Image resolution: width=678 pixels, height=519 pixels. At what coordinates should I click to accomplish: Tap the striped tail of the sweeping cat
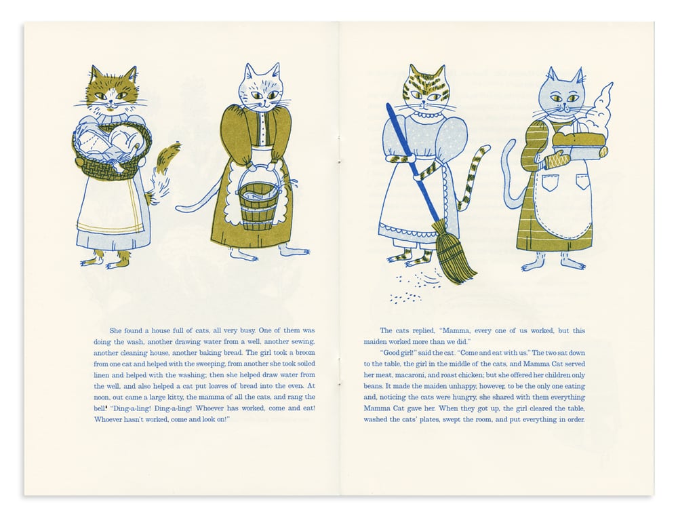point(473,177)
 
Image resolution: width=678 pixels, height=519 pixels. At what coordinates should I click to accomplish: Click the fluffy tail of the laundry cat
point(163,173)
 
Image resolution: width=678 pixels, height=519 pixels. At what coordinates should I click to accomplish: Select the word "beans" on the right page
point(373,386)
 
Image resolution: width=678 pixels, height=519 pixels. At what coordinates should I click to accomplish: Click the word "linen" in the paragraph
point(102,375)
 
